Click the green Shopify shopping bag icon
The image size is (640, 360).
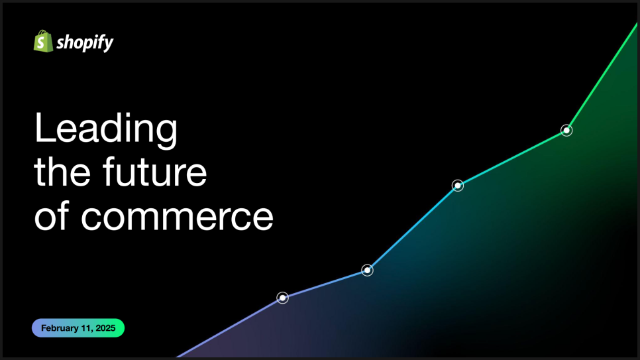pyautogui.click(x=43, y=41)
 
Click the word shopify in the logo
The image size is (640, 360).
pyautogui.click(x=85, y=42)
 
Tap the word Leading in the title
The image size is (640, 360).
pyautogui.click(x=106, y=129)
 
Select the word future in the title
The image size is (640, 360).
pyautogui.click(x=154, y=171)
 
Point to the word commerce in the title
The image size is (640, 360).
pyautogui.click(x=177, y=217)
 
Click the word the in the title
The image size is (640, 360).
pyautogui.click(x=62, y=171)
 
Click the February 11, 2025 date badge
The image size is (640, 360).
pyautogui.click(x=78, y=328)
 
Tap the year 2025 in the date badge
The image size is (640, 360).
pyautogui.click(x=106, y=328)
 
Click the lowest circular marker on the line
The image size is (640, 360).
pyautogui.click(x=282, y=298)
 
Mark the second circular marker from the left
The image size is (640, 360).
pyautogui.click(x=367, y=270)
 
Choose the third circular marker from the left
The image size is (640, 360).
pyautogui.click(x=458, y=186)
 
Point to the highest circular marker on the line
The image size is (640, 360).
pyautogui.click(x=566, y=131)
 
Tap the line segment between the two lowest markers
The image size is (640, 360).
pyautogui.click(x=325, y=284)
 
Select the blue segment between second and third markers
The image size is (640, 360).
pyautogui.click(x=412, y=228)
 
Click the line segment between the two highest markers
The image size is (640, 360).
pyautogui.click(x=512, y=158)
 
